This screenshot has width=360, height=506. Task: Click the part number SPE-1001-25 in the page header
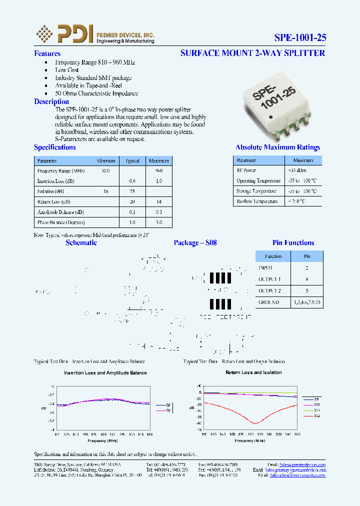point(300,37)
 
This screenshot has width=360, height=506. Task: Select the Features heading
point(47,53)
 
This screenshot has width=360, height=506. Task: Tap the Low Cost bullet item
point(67,70)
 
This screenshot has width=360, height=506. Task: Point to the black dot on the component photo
point(270,117)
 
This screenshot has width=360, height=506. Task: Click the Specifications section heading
point(55,147)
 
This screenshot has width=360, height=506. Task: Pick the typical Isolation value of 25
point(132,191)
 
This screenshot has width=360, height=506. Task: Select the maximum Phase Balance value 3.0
point(158,222)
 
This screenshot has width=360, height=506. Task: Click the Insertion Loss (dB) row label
point(56,181)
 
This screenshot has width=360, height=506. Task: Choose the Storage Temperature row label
point(256,191)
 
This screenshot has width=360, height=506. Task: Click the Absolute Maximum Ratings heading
point(277,147)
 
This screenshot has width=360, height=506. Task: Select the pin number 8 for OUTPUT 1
point(307,279)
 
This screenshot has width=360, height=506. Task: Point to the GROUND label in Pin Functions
point(269,302)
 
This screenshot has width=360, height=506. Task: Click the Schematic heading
point(81,243)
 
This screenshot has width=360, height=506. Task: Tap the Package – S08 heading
point(195,243)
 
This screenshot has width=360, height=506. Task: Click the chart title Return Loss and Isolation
point(253,372)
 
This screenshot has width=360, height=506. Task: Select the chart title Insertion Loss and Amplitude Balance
point(105,373)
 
